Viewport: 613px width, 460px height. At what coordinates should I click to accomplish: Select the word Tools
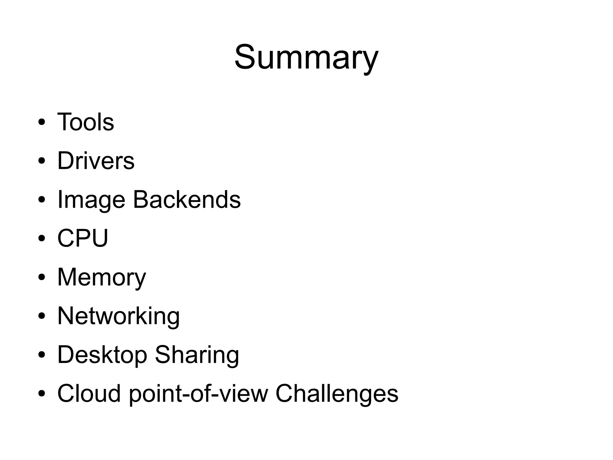tap(86, 122)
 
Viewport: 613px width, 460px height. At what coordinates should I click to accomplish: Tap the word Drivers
tap(96, 161)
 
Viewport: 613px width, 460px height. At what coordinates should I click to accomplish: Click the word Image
tap(91, 200)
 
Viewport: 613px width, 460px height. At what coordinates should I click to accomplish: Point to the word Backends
tap(187, 200)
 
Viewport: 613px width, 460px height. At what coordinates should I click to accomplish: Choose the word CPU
tap(83, 238)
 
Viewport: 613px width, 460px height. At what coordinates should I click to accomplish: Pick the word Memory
tap(101, 277)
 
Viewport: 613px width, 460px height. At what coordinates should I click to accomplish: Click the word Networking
tap(119, 316)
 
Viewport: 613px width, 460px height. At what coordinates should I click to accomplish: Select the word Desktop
tap(102, 355)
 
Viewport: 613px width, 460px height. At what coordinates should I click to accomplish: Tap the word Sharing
tap(197, 355)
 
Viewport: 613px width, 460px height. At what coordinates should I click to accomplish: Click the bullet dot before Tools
tap(42, 123)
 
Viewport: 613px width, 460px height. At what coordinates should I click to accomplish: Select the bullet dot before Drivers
tap(42, 161)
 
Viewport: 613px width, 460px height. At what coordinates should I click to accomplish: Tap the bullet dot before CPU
tap(42, 239)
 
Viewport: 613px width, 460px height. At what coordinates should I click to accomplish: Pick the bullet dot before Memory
tap(42, 277)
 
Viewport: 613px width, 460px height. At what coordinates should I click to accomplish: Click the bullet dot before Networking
tap(42, 316)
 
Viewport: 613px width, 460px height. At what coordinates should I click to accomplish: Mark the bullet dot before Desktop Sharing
tap(42, 355)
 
